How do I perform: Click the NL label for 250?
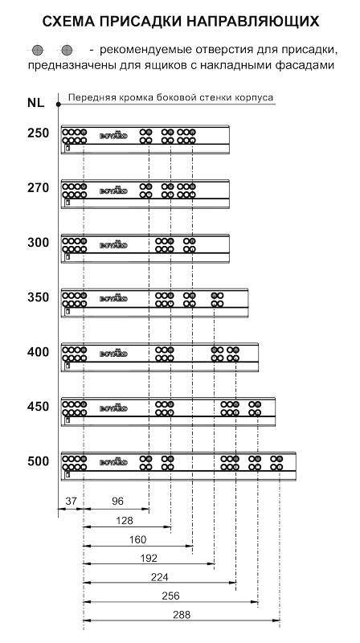point(38,133)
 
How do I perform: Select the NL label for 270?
point(38,188)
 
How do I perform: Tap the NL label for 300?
point(38,243)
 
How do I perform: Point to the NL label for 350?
point(38,297)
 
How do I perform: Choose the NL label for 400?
point(38,352)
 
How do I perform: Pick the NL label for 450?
point(38,407)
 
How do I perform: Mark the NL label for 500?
point(38,461)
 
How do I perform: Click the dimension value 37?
point(71,501)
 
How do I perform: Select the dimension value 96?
point(117,501)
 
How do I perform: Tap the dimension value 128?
point(125,520)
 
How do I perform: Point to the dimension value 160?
point(137,539)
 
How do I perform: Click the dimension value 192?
point(149,558)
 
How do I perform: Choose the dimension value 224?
point(159,577)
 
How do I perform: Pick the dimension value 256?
point(170,596)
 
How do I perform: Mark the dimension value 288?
point(182,615)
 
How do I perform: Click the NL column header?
point(35,103)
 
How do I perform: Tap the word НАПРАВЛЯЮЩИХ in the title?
point(253,21)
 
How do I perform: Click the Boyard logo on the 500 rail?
point(113,461)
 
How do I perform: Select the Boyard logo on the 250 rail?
point(113,135)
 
